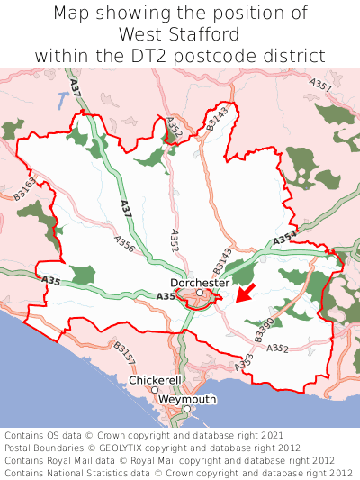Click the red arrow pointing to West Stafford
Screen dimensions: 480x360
pos(245,294)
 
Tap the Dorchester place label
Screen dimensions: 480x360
pos(200,282)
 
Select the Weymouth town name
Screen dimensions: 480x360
pos(187,399)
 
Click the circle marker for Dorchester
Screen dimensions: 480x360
pos(200,293)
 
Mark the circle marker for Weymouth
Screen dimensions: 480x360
pos(187,410)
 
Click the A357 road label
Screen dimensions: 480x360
pos(321,89)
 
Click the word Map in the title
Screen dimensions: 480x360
pos(70,14)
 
